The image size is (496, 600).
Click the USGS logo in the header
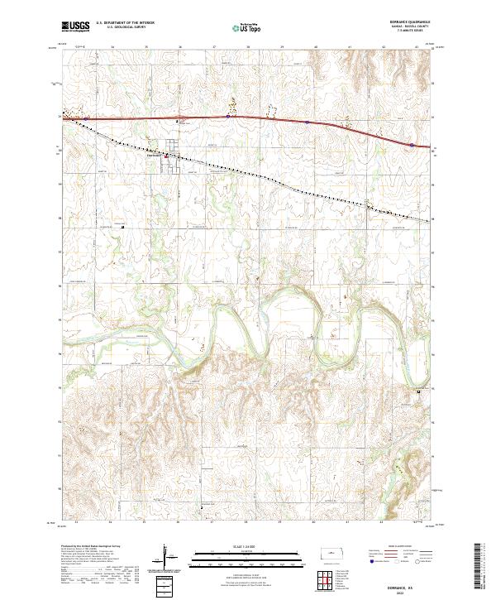75,26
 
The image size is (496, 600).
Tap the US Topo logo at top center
247,28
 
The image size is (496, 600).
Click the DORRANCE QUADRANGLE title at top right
400,22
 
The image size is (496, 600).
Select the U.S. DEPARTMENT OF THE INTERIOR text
125,23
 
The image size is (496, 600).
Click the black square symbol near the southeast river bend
418,391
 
